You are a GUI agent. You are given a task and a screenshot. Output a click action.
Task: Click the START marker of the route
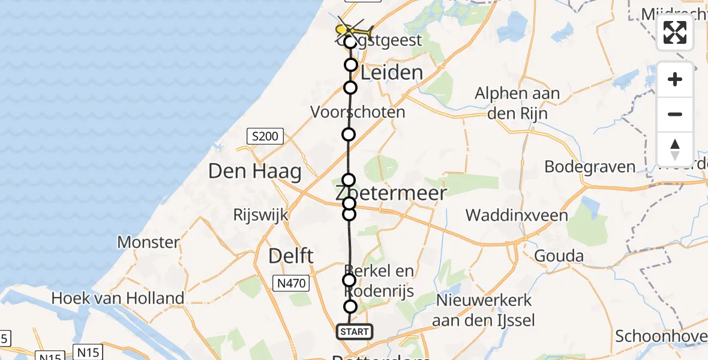(x=354, y=331)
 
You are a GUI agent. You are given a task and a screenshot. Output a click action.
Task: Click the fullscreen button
(x=675, y=32)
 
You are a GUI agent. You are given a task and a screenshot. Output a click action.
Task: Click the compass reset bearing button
(x=675, y=149)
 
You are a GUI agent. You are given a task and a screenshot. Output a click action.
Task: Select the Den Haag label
(x=254, y=172)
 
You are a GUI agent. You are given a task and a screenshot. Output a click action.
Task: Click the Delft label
(x=291, y=256)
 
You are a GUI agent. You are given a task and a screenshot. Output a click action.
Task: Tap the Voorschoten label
(x=358, y=112)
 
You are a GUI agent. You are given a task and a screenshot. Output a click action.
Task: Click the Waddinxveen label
(x=517, y=215)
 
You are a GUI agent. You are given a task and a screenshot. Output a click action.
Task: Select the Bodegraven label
(x=590, y=167)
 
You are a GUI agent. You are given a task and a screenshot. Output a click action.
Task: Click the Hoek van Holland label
(x=118, y=298)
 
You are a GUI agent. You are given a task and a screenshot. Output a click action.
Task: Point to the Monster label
(x=148, y=242)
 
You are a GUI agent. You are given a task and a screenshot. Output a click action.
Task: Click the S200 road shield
(x=265, y=137)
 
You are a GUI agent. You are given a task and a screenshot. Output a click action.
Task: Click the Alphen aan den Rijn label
(x=517, y=103)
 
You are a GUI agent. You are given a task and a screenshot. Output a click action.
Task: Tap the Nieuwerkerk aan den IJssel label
(x=486, y=310)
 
